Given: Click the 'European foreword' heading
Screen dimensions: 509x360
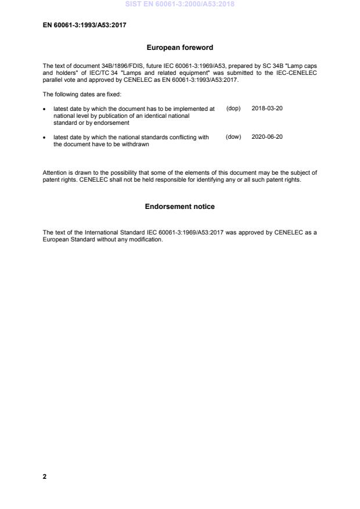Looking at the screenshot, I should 179,48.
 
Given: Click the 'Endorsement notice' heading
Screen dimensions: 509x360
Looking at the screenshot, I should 179,207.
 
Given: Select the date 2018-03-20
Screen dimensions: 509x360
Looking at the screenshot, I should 267,109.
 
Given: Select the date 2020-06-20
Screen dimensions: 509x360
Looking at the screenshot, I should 267,137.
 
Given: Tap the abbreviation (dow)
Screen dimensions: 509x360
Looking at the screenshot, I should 233,137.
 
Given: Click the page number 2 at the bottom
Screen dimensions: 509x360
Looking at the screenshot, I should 45,476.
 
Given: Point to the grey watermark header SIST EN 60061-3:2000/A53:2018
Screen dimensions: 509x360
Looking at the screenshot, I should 179,4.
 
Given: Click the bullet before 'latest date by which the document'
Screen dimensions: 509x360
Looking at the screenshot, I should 45,109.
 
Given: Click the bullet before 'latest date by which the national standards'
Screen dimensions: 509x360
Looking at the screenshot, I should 45,138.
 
